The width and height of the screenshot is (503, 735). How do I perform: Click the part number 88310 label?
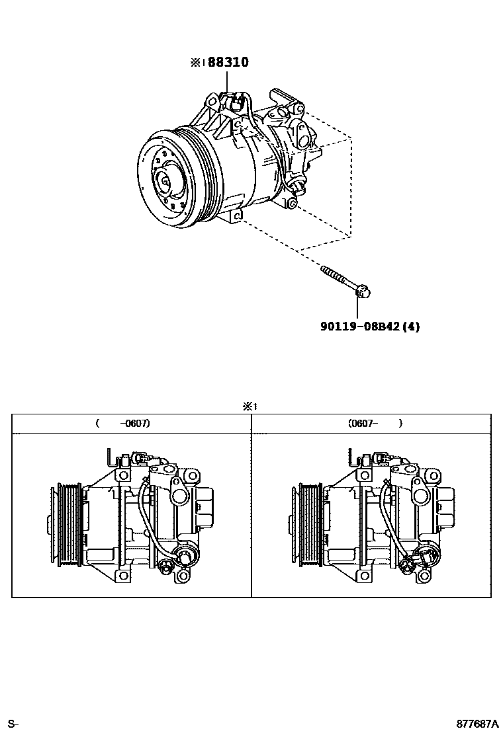(228, 63)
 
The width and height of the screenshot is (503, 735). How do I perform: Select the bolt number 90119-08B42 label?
(361, 326)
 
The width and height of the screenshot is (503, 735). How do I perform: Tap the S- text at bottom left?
(13, 724)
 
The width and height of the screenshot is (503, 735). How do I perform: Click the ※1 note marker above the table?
(249, 407)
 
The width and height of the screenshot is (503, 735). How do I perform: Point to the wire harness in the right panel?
(391, 522)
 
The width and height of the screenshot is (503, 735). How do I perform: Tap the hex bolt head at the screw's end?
(362, 291)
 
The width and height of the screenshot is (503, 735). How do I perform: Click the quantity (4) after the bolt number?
(411, 326)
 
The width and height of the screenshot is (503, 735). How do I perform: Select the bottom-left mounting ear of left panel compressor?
(122, 576)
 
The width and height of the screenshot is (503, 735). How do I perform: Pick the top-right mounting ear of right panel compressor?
(434, 475)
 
